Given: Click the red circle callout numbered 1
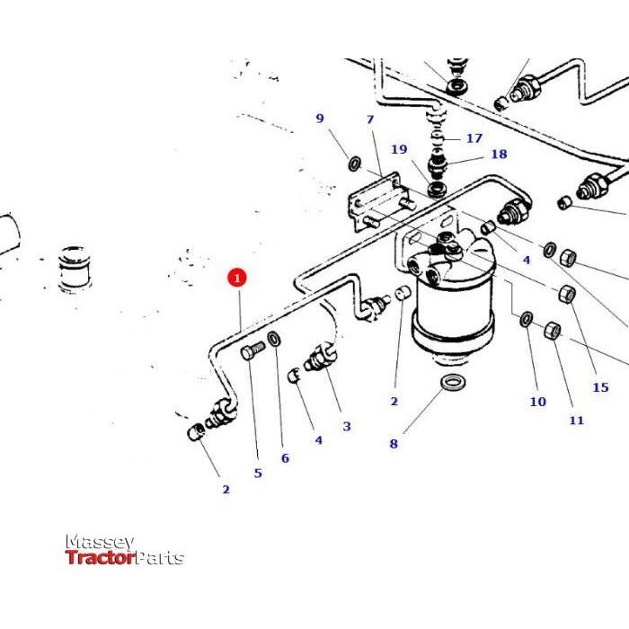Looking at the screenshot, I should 237,279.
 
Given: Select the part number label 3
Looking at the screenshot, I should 346,426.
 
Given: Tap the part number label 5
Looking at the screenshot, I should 258,473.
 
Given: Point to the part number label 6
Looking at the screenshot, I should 285,458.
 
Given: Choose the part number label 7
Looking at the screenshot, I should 369,120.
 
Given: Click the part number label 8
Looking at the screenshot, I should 394,443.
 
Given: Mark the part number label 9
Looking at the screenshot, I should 318,119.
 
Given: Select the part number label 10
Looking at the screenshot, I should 537,402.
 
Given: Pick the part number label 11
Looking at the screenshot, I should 576,420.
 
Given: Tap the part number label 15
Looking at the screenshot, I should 600,387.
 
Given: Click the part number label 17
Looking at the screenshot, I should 474,138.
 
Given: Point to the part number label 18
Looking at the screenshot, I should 498,155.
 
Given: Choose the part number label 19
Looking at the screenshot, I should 399,149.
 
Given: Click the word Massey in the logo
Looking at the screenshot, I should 99,543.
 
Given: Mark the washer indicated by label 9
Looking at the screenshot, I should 355,164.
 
